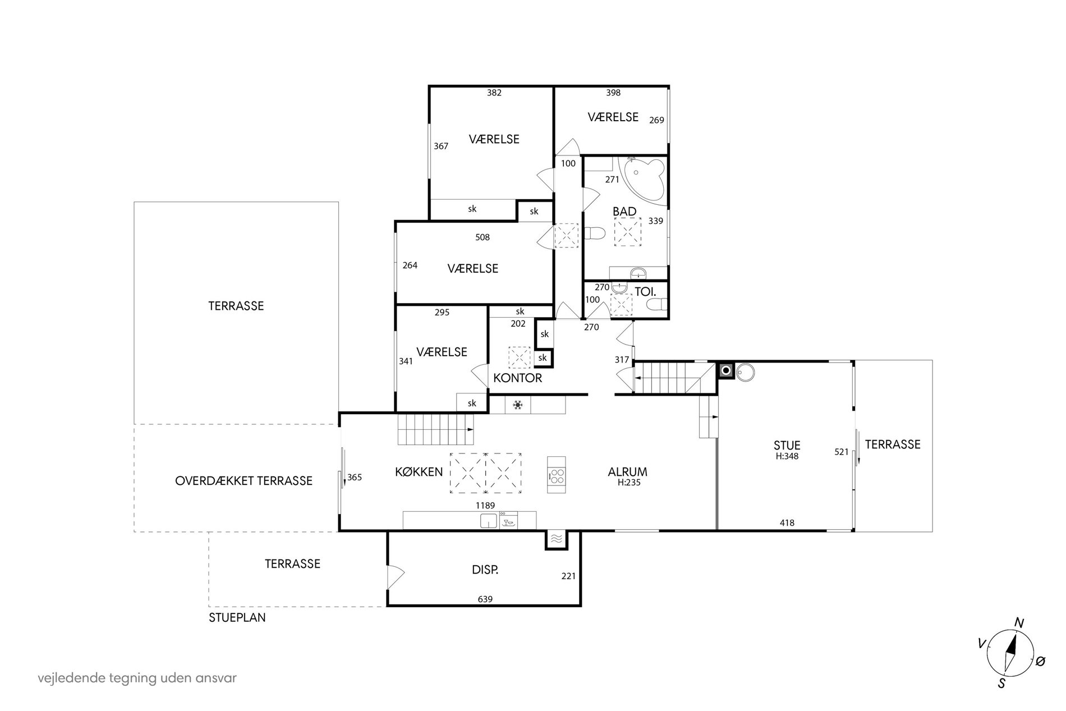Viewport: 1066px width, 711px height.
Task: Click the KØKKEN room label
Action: click(419, 472)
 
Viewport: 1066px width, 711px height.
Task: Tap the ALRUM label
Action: click(627, 472)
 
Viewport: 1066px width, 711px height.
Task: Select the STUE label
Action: click(787, 446)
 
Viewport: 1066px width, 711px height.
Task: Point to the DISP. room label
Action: click(485, 570)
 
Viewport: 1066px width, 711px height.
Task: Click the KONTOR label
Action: click(517, 378)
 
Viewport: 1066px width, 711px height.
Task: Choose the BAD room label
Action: click(624, 212)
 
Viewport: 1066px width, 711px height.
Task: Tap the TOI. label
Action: click(645, 291)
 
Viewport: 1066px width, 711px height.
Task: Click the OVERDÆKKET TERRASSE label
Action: click(243, 481)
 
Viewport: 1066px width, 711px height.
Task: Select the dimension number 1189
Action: click(485, 506)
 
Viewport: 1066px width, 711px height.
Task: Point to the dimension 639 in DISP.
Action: click(485, 599)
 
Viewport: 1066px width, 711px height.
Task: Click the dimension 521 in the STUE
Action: click(842, 451)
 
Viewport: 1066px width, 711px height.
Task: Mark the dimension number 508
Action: click(483, 237)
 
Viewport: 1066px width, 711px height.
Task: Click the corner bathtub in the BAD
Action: click(644, 179)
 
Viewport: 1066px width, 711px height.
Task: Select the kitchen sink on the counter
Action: click(489, 520)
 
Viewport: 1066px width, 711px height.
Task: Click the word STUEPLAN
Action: click(237, 618)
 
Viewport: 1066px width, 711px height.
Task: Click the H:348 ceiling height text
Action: click(787, 456)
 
